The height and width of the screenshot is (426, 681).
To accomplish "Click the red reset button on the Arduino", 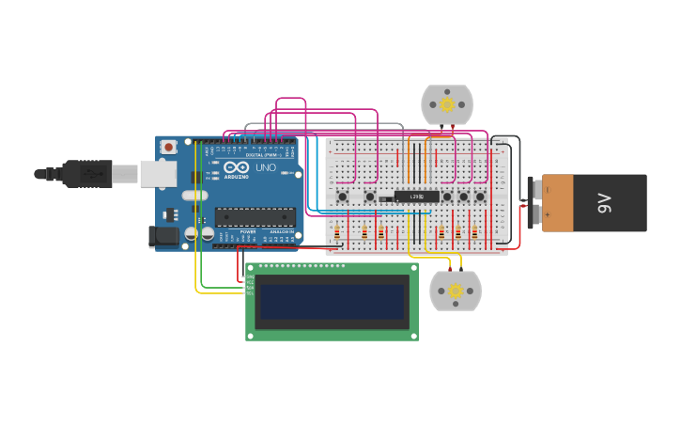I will pos(168,147).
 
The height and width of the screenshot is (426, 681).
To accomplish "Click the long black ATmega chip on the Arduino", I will pos(255,217).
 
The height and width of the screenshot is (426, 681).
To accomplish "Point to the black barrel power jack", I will pos(164,237).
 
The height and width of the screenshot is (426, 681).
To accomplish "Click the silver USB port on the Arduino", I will pos(158,173).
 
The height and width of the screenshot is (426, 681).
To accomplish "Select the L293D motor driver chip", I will pos(416,197).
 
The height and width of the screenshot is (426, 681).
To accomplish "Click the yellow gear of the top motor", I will pos(447,104).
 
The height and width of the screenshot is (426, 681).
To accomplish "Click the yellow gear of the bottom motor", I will pos(456,291).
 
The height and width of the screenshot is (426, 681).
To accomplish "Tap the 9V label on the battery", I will pos(605,202).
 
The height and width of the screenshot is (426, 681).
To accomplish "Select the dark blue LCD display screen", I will pos(332,302).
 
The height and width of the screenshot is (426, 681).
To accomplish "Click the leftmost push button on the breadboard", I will pos(343,197).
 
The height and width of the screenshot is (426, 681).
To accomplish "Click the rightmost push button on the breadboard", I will pos(480,197).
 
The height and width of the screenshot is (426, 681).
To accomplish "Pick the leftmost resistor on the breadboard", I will pos(337,233).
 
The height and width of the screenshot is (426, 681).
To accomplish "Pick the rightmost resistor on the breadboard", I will pos(475,233).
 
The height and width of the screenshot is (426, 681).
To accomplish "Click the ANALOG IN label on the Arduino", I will pos(280,231).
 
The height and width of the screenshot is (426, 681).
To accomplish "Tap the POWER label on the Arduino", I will pos(247,231).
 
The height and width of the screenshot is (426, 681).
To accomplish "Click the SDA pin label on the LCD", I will pos(251,286).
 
